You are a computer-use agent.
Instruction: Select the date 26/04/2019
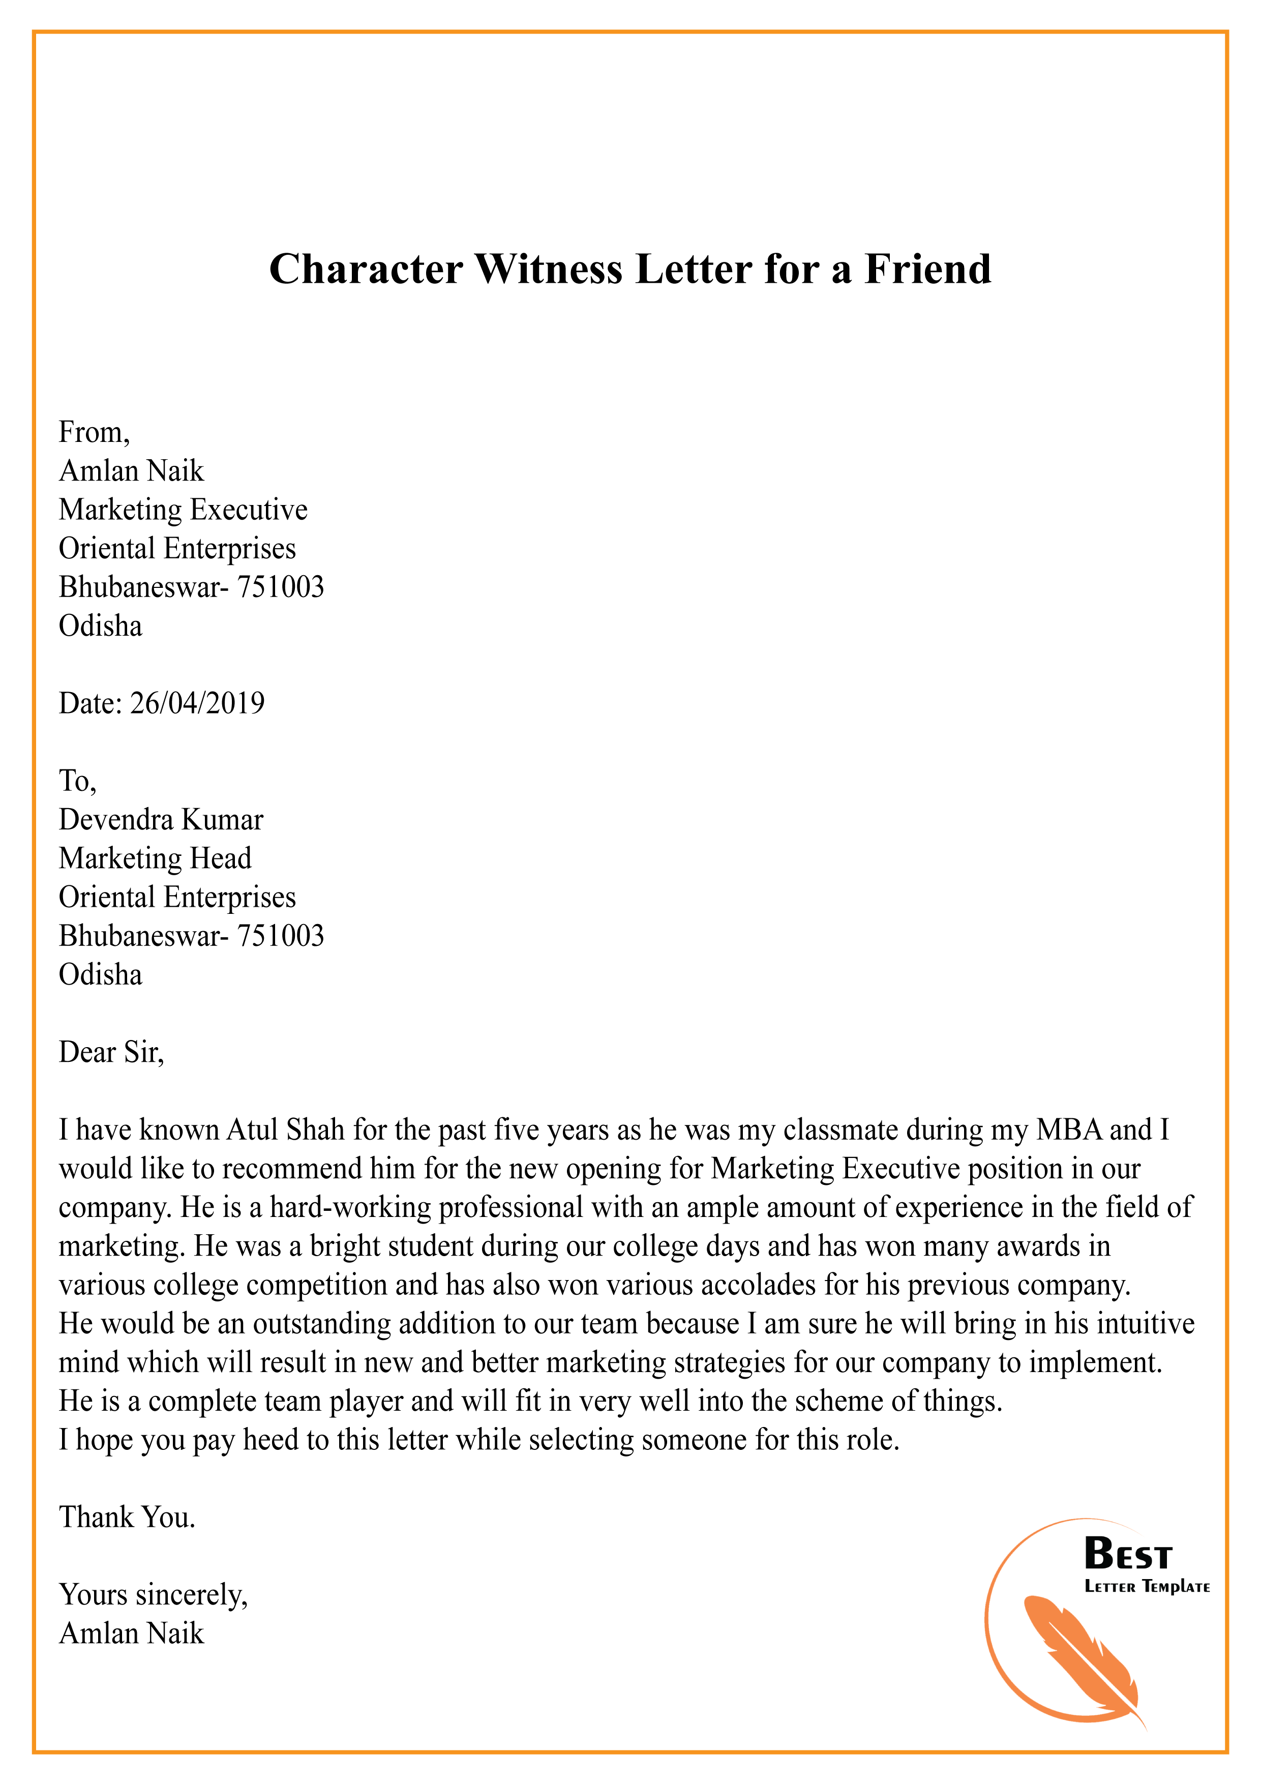coord(197,703)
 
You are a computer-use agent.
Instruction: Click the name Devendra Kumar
coord(161,820)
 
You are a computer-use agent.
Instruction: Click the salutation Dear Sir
coord(111,1052)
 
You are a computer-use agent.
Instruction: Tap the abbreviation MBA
coord(1070,1130)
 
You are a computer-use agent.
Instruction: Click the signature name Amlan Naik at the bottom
coord(131,1633)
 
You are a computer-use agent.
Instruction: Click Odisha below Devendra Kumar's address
coord(100,975)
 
